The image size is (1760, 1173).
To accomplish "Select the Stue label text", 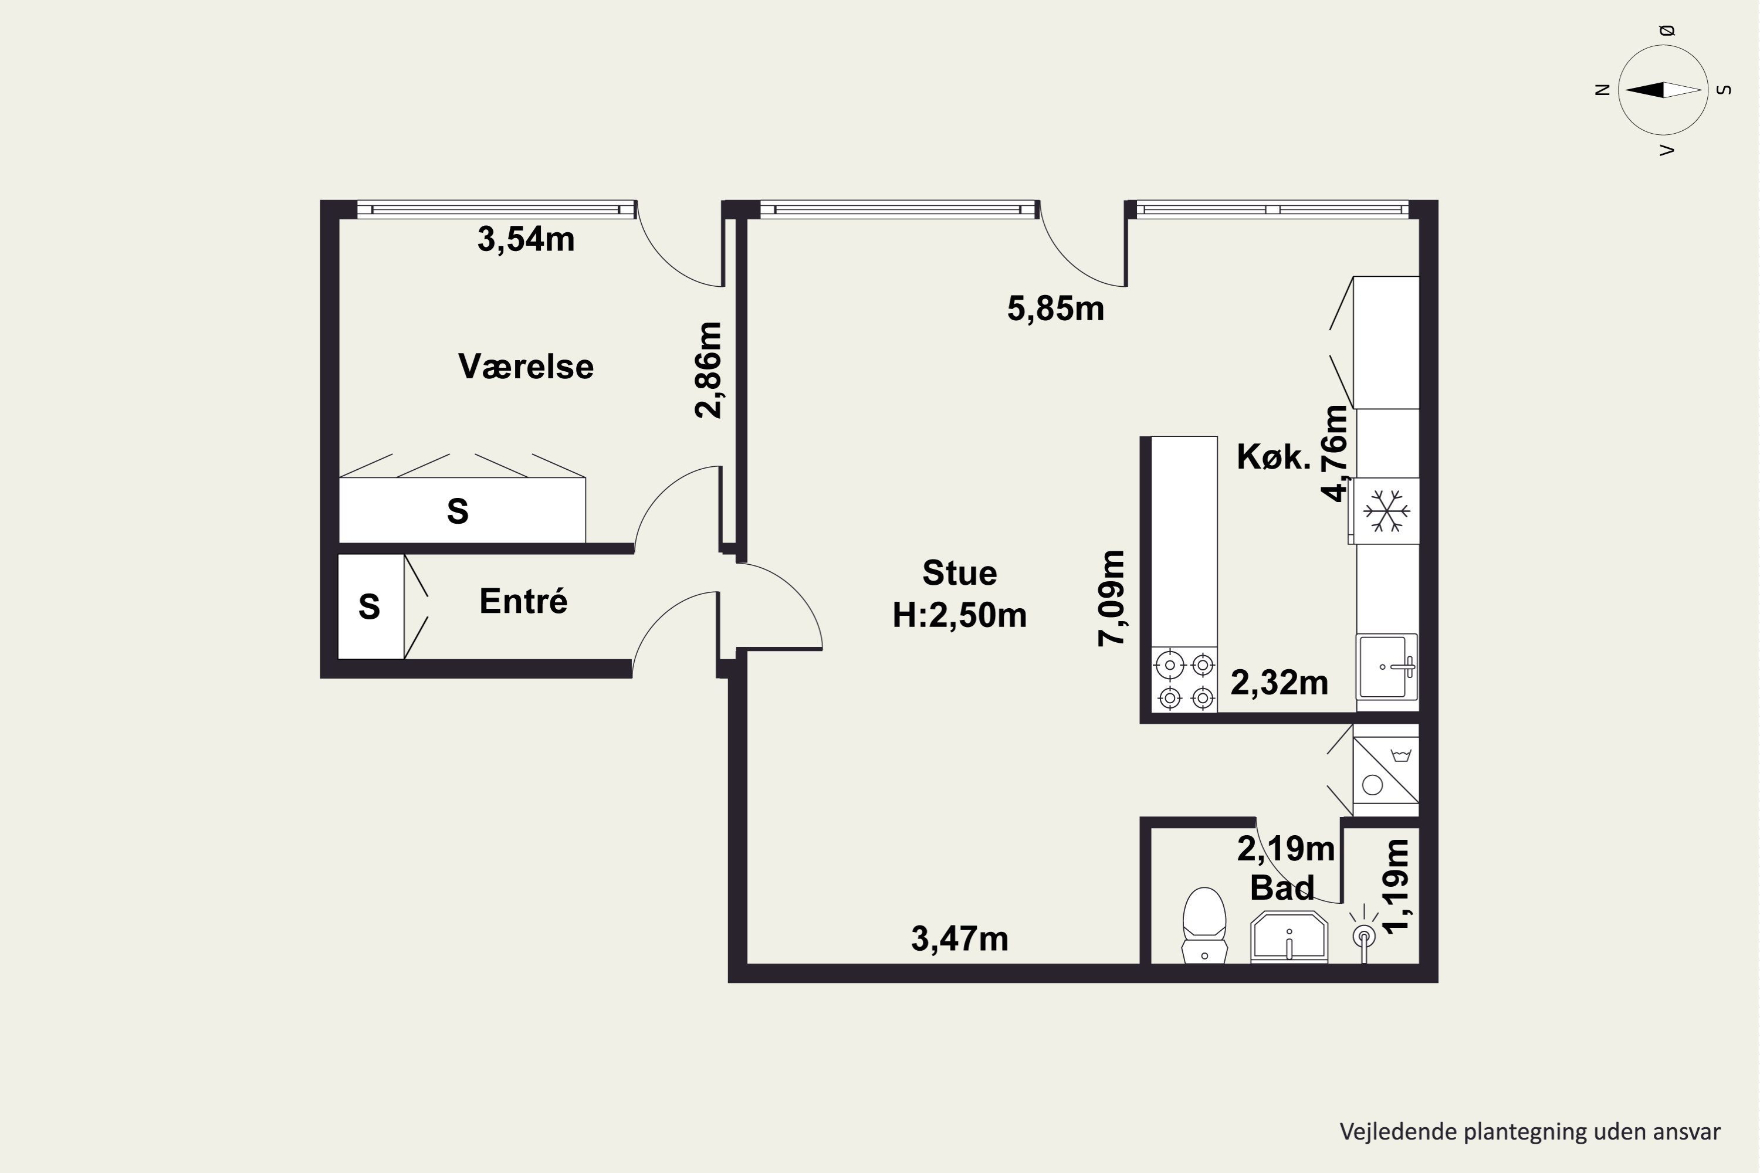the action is click(959, 573).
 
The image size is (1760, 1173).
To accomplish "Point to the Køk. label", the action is click(1274, 456).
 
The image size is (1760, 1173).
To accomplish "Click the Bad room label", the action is click(1282, 888).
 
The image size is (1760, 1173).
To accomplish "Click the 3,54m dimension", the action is click(526, 239).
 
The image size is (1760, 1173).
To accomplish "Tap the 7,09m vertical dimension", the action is click(1111, 598).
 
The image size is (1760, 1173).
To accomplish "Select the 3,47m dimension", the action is click(959, 939).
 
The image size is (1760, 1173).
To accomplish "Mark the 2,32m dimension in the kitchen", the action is click(1279, 682).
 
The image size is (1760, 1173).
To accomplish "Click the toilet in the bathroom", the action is click(1204, 925).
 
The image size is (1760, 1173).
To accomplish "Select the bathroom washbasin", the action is click(1288, 936).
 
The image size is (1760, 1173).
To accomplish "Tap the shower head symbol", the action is click(1363, 934).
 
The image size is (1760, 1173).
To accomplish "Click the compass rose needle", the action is click(1663, 90).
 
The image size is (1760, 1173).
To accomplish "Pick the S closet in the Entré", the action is click(370, 606).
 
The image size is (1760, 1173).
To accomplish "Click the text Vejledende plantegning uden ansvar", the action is click(1530, 1132).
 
